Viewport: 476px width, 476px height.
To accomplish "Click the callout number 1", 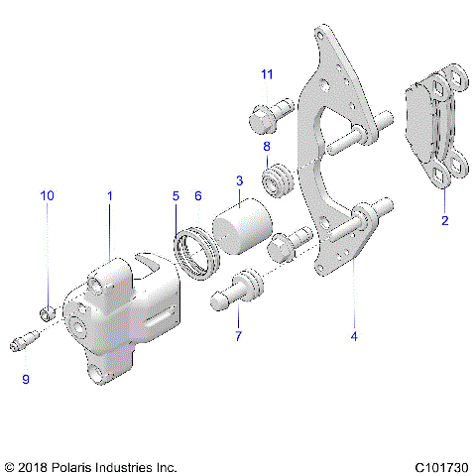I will (110, 196).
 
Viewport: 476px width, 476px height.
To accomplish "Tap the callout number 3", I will (239, 180).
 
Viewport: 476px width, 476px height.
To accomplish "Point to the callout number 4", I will (354, 335).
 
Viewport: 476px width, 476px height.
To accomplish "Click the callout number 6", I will (198, 196).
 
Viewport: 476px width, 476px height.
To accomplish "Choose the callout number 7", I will (238, 335).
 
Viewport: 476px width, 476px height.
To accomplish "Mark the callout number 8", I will (266, 147).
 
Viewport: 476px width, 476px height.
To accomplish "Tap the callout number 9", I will (27, 379).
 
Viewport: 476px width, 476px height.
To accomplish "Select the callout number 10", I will (47, 196).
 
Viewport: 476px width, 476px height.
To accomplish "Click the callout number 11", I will (266, 74).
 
